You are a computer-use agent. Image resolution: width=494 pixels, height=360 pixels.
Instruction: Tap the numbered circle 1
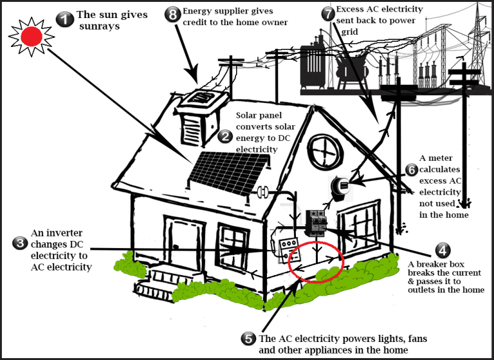pos(64,19)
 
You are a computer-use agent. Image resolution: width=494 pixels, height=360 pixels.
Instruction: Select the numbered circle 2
pos(225,136)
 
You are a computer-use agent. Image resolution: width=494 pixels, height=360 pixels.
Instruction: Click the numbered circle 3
pos(20,242)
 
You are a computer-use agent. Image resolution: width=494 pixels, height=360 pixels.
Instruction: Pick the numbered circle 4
pos(442,250)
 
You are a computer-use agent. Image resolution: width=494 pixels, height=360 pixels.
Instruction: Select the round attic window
pos(328,152)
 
